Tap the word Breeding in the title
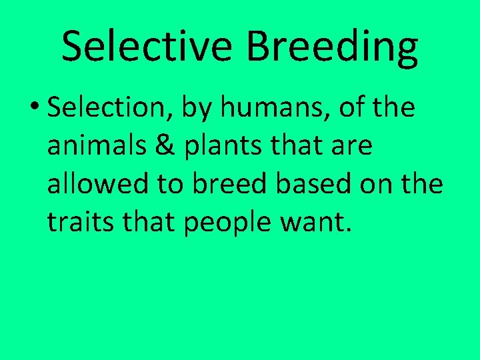(333, 47)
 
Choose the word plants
(211, 147)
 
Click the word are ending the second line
(351, 147)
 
